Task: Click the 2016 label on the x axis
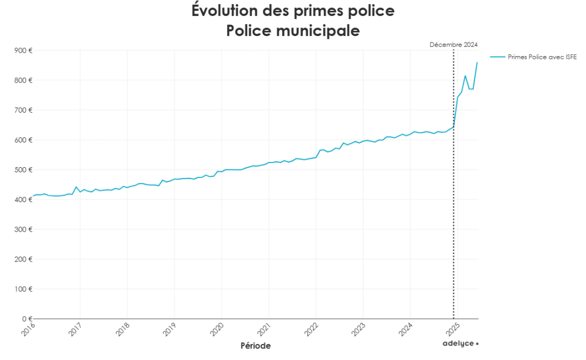point(29,330)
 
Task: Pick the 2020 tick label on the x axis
point(217,330)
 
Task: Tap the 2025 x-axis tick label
point(453,330)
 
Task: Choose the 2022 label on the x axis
point(312,330)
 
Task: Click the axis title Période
point(255,346)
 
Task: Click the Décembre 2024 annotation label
point(453,45)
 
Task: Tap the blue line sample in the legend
point(497,57)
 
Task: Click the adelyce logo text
point(461,343)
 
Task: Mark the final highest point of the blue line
point(477,62)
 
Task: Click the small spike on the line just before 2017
point(76,187)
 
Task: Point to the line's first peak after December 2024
point(465,76)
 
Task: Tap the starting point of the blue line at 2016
point(33,196)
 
